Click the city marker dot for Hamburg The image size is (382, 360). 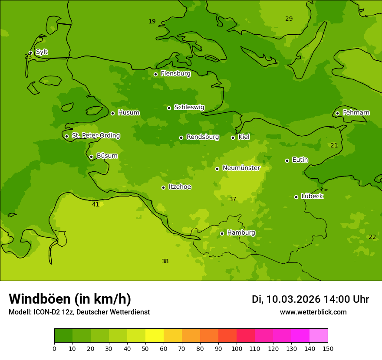[222, 233]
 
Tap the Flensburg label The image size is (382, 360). [175, 74]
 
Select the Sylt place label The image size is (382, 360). [42, 52]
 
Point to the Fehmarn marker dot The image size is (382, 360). [337, 113]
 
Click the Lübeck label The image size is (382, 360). [312, 196]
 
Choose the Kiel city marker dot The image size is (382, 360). [233, 137]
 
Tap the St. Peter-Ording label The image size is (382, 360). [95, 136]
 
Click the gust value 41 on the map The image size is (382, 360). [95, 204]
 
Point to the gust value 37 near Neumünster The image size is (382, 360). [233, 199]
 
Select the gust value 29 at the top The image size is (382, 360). [289, 19]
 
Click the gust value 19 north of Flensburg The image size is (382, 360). [152, 21]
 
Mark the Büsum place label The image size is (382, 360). [107, 156]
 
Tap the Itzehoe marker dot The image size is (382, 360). [163, 187]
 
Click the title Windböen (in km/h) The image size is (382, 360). [70, 299]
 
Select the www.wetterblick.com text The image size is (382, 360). [313, 312]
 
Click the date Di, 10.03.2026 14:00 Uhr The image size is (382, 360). [310, 299]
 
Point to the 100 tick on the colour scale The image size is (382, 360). [237, 348]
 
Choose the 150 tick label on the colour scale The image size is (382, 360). [328, 348]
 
